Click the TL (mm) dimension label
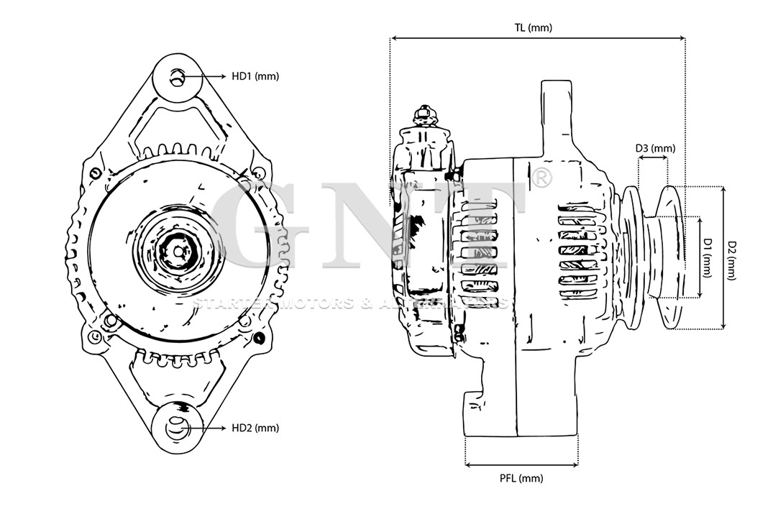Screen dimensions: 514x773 [x=533, y=28]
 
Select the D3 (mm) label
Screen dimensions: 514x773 [x=655, y=149]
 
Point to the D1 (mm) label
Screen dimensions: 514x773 [x=708, y=257]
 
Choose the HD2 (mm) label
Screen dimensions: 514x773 [x=255, y=428]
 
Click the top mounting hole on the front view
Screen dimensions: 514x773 [x=178, y=77]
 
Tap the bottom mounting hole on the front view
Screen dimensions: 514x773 [x=176, y=428]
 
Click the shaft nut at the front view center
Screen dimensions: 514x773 [x=176, y=252]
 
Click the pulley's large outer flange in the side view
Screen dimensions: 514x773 [x=669, y=257]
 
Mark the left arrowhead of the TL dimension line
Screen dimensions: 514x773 [x=394, y=37]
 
